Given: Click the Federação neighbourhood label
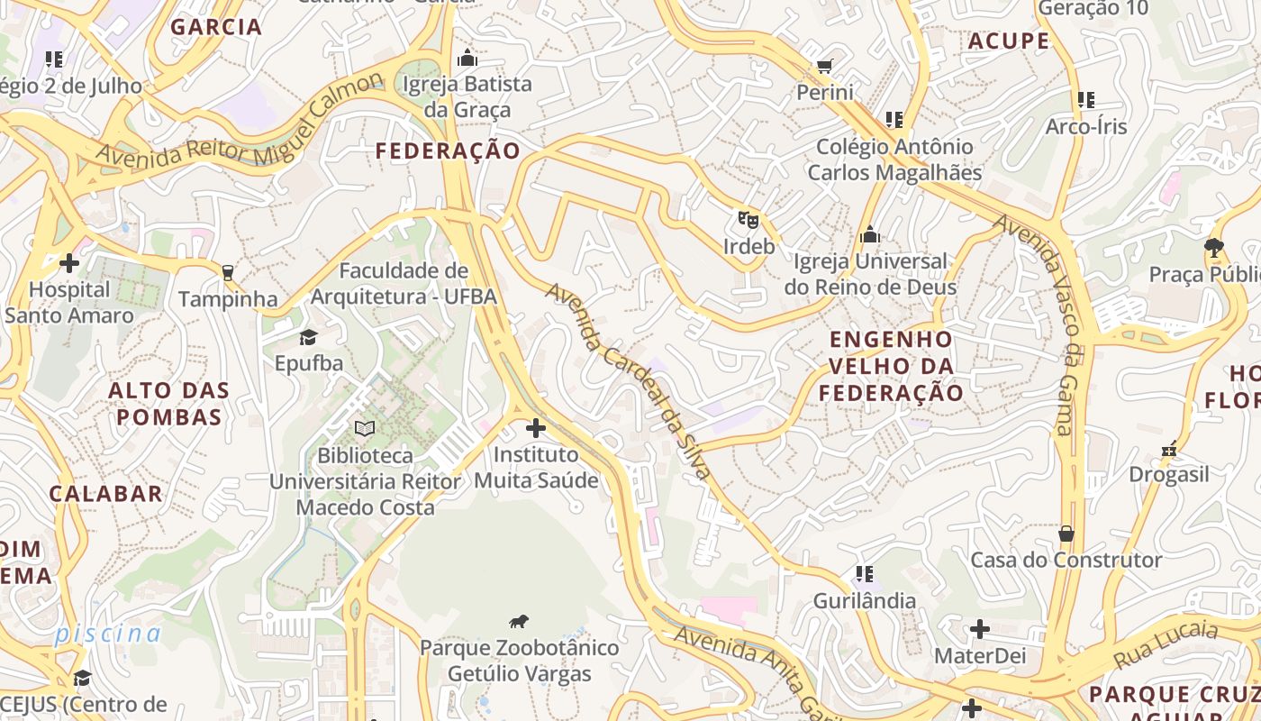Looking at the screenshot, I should coord(448,151).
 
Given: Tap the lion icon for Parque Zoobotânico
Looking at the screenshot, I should coord(519,621).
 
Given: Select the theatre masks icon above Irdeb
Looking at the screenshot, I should coord(748,219).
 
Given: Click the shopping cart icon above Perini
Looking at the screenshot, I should coord(824,66).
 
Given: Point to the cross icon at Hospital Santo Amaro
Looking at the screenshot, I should coord(69,263).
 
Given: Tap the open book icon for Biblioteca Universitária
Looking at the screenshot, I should coord(364,428).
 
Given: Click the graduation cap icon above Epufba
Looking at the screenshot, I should coord(309,337).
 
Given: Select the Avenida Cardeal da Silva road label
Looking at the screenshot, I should coord(629,381).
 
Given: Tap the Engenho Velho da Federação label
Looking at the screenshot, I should coord(891,366).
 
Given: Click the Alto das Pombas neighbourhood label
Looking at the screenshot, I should coord(169,404).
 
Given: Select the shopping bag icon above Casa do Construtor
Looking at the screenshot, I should coord(1066,534).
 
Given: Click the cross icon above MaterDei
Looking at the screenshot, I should coord(980,629).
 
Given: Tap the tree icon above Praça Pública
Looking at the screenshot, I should coord(1213,247).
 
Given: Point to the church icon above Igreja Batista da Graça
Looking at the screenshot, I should coord(467,59).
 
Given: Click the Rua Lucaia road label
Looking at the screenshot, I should coord(1166,644).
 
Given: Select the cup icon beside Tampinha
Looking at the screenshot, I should coord(227,272).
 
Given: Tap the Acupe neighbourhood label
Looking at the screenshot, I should coord(1009,41).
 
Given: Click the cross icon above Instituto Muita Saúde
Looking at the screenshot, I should coord(536,427).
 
